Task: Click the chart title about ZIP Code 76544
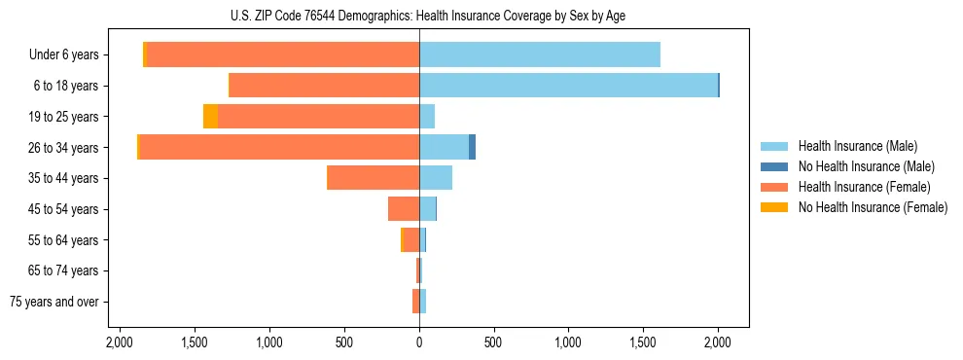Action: tap(419, 16)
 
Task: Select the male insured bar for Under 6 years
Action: tap(539, 55)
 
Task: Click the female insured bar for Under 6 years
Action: tap(282, 55)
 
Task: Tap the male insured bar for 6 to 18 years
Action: tap(568, 86)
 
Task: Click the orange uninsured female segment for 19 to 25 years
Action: tap(210, 117)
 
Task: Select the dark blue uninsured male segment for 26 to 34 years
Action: tap(472, 148)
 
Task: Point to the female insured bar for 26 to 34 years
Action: tap(279, 148)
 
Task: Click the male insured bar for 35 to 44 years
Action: tap(436, 178)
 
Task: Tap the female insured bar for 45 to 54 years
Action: tap(404, 209)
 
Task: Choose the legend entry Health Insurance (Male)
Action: tap(857, 146)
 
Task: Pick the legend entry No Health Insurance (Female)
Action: tap(873, 207)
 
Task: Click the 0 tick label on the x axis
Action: tap(419, 342)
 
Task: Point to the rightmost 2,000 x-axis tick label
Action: tap(718, 342)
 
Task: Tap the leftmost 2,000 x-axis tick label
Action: tap(120, 342)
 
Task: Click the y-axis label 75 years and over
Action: tap(54, 302)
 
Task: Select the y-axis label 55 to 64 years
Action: tap(64, 240)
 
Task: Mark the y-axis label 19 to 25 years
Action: tap(64, 117)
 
